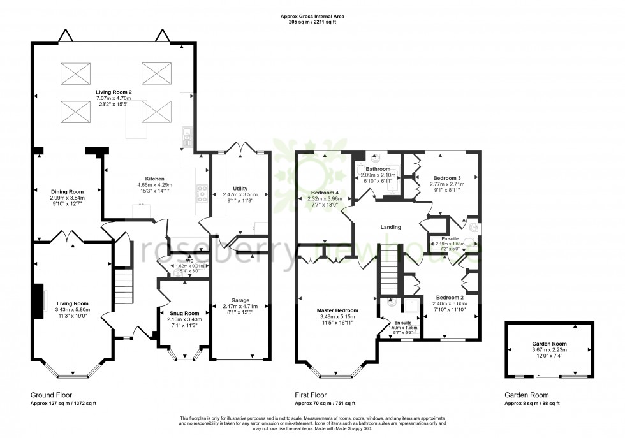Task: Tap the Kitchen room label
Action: [x=155, y=179]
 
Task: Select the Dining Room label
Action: [x=68, y=191]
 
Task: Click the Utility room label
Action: [x=240, y=189]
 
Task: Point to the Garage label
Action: [x=240, y=300]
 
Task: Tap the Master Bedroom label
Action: [x=339, y=310]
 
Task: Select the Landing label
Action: [x=390, y=227]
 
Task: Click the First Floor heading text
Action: [x=311, y=395]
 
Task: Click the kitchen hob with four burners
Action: [x=203, y=194]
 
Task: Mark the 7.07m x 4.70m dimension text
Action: [x=114, y=98]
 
